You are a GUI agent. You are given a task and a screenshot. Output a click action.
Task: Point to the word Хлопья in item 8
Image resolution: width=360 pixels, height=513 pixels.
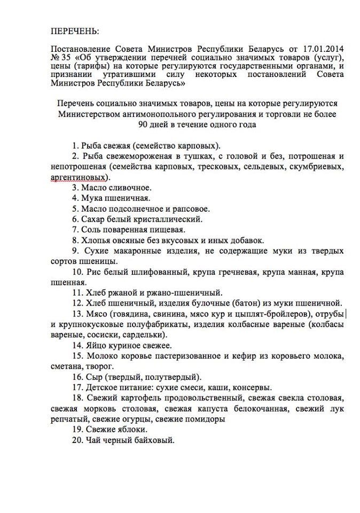tap(97, 240)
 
